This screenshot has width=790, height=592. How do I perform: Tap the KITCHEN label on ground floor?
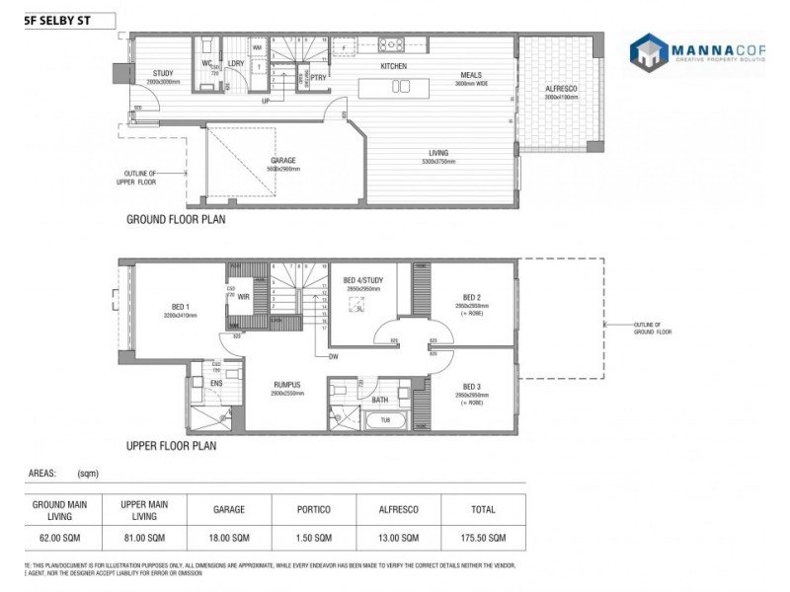395,66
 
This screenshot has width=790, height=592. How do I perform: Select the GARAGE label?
283,161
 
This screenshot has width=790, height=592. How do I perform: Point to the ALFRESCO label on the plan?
561,90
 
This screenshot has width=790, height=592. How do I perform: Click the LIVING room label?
438,153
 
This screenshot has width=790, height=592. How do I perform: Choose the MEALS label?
471,75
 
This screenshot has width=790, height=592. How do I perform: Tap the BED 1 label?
179,307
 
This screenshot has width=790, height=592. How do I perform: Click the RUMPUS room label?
287,385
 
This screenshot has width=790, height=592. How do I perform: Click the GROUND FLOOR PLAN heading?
176,220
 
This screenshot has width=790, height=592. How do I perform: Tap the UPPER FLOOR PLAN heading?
171,446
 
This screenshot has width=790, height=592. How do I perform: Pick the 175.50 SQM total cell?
483,538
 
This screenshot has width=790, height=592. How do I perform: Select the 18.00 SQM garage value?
229,538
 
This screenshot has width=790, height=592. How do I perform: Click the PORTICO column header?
314,509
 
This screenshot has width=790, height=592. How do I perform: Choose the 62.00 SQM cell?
60,538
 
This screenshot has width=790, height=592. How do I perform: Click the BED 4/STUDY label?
362,281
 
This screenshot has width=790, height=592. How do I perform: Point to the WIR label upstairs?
243,296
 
